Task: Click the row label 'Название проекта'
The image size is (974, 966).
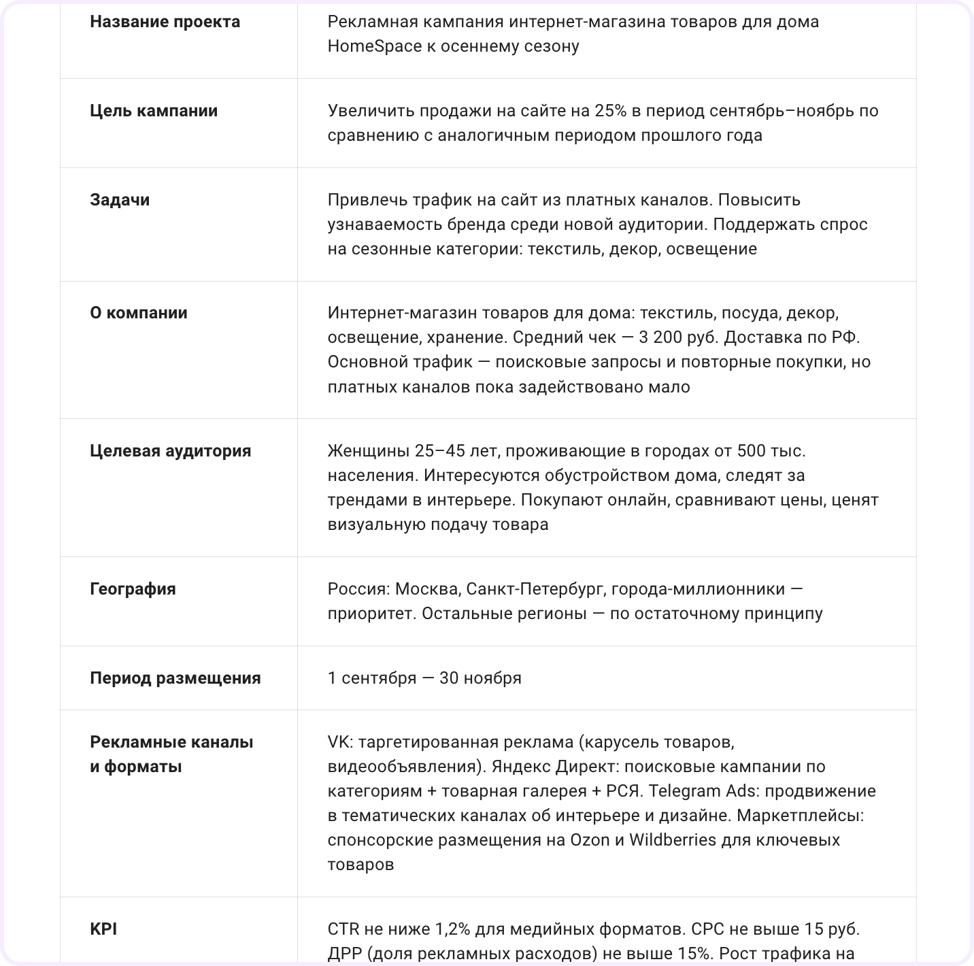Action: tap(165, 22)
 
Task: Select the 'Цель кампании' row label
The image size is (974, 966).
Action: tap(154, 111)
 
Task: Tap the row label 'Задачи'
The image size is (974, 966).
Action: tap(120, 200)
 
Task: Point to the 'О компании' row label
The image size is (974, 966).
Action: tap(139, 313)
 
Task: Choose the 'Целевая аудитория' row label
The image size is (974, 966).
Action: tap(170, 451)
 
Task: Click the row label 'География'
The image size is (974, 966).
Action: tap(133, 589)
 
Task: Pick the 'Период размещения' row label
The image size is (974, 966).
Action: tap(175, 678)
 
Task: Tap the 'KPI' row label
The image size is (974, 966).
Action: tap(103, 929)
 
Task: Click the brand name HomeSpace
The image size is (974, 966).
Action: tap(375, 46)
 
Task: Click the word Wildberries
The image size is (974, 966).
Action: tap(672, 840)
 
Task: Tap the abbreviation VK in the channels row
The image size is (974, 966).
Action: tap(337, 742)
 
